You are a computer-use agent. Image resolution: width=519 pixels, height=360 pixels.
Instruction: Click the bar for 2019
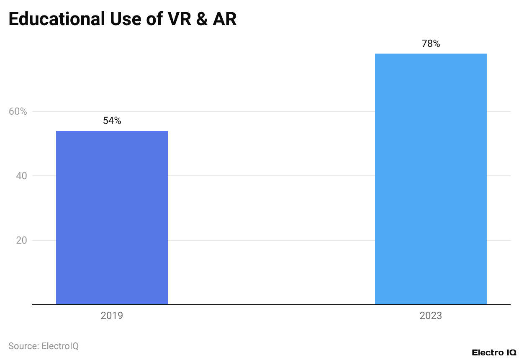(112, 218)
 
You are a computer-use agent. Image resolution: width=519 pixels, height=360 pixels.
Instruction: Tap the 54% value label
(112, 121)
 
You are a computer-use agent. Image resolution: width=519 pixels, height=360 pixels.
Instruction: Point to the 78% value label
(431, 44)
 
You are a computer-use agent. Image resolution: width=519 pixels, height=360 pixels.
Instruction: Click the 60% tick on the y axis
(18, 111)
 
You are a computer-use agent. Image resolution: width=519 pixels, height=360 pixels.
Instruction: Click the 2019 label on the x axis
(112, 316)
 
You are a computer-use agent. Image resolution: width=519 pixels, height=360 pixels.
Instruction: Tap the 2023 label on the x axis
(431, 316)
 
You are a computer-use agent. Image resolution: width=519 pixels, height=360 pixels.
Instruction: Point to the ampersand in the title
(202, 19)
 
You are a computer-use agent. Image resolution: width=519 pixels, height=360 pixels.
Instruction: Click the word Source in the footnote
(23, 346)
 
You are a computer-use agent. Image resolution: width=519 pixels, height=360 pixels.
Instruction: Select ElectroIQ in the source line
(60, 346)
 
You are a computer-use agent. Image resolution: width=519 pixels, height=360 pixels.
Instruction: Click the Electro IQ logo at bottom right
(494, 352)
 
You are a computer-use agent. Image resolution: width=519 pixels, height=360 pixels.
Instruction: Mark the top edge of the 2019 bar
(112, 131)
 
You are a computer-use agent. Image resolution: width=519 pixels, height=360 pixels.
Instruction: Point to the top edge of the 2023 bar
(431, 54)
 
